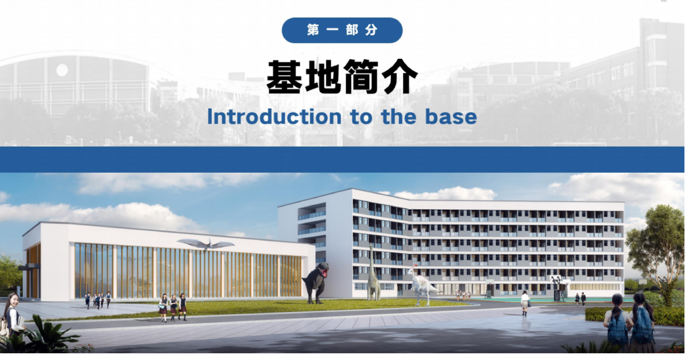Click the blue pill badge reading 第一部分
coord(342,30)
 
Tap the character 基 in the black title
coord(285,76)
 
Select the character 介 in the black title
coord(399,76)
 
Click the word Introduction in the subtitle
coord(274,117)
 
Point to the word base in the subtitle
coord(451,117)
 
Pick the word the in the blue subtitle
coord(399,117)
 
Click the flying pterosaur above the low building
coord(206,245)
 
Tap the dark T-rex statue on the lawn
coord(316,283)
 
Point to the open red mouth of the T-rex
coord(325,272)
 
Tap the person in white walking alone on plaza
coord(525,303)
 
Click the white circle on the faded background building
coord(62,70)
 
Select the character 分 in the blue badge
coord(371,30)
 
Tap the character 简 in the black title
coord(361,76)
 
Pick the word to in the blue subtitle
coord(361,118)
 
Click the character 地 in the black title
coord(323,76)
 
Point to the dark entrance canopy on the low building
coord(29,267)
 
